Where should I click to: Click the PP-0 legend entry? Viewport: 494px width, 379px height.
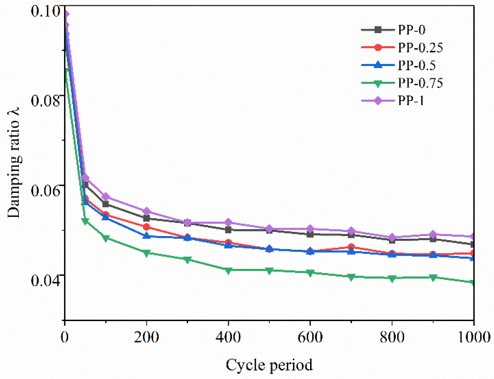pyautogui.click(x=411, y=30)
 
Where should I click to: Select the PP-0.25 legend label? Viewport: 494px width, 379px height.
pyautogui.click(x=420, y=48)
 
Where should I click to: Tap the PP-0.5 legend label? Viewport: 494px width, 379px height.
pyautogui.click(x=417, y=65)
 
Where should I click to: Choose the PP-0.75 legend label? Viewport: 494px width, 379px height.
pyautogui.click(x=420, y=83)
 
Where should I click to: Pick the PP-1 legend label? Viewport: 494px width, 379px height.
pyautogui.click(x=411, y=101)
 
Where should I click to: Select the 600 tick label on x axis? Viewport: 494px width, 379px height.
pyautogui.click(x=310, y=337)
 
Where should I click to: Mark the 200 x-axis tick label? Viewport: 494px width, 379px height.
pyautogui.click(x=146, y=337)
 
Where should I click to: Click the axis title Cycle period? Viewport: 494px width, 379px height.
pyautogui.click(x=269, y=365)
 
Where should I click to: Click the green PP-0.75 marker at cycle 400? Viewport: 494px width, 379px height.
pyautogui.click(x=228, y=271)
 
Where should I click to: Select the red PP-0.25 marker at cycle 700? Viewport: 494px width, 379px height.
pyautogui.click(x=351, y=247)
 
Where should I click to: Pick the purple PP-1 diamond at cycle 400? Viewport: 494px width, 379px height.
pyautogui.click(x=228, y=222)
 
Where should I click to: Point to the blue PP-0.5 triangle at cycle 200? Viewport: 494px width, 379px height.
pyautogui.click(x=146, y=236)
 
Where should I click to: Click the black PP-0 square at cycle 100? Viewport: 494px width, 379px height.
pyautogui.click(x=106, y=204)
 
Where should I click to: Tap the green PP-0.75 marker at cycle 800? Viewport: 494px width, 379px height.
pyautogui.click(x=392, y=279)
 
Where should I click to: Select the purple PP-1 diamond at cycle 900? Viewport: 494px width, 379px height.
pyautogui.click(x=433, y=235)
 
